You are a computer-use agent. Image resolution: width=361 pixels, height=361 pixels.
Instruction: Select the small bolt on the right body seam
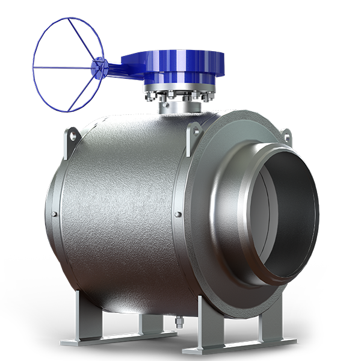point(177,215)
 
